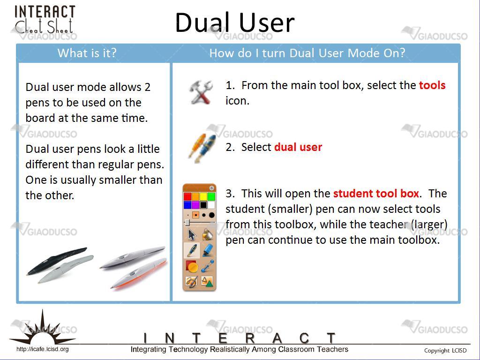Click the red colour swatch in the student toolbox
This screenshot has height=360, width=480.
(x=187, y=196)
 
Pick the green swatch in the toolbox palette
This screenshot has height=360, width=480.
(x=211, y=196)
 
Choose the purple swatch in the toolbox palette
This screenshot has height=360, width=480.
(x=195, y=204)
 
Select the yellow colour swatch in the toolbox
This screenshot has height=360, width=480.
(x=203, y=196)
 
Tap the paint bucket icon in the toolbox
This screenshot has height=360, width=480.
(x=208, y=234)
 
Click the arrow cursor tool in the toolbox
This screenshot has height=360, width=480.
(x=192, y=234)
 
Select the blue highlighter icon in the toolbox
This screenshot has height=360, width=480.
(x=208, y=250)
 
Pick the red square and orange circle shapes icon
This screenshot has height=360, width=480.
(x=192, y=266)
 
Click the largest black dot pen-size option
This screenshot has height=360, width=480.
(x=211, y=215)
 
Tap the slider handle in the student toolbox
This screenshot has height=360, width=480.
(x=187, y=223)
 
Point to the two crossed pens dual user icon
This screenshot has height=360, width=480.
(x=202, y=148)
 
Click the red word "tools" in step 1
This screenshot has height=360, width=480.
(x=432, y=85)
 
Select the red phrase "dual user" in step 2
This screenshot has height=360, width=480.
(x=298, y=147)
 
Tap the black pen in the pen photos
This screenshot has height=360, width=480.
(x=57, y=261)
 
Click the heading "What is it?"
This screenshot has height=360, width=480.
(x=87, y=53)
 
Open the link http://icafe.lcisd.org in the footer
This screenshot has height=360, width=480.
(x=42, y=349)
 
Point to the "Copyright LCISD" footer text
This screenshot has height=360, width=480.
(x=445, y=351)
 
